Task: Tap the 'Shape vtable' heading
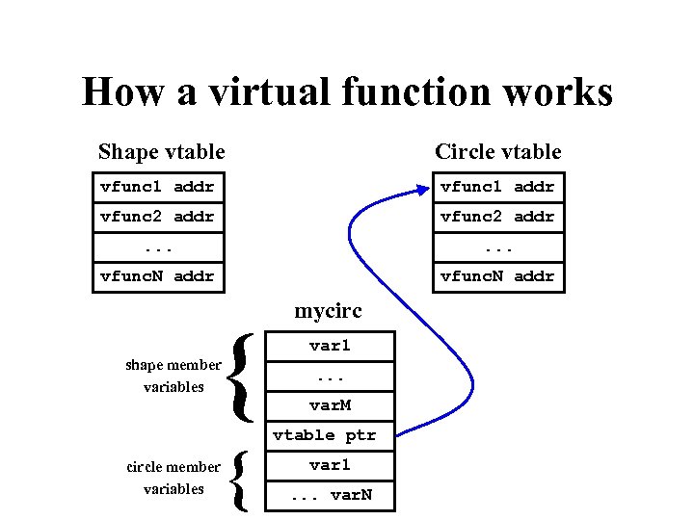(x=161, y=151)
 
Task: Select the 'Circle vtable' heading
(x=497, y=151)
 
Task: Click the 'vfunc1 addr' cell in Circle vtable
(x=497, y=187)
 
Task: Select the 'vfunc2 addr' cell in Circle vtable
(x=497, y=217)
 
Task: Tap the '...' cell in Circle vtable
(x=497, y=247)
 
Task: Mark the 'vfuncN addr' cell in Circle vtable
(x=497, y=276)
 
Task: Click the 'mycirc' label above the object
(x=328, y=312)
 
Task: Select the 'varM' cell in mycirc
(x=330, y=405)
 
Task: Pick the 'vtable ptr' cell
(x=325, y=435)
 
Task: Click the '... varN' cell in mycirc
(x=330, y=496)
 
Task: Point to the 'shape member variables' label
(x=173, y=376)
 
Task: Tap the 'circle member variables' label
(x=173, y=478)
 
